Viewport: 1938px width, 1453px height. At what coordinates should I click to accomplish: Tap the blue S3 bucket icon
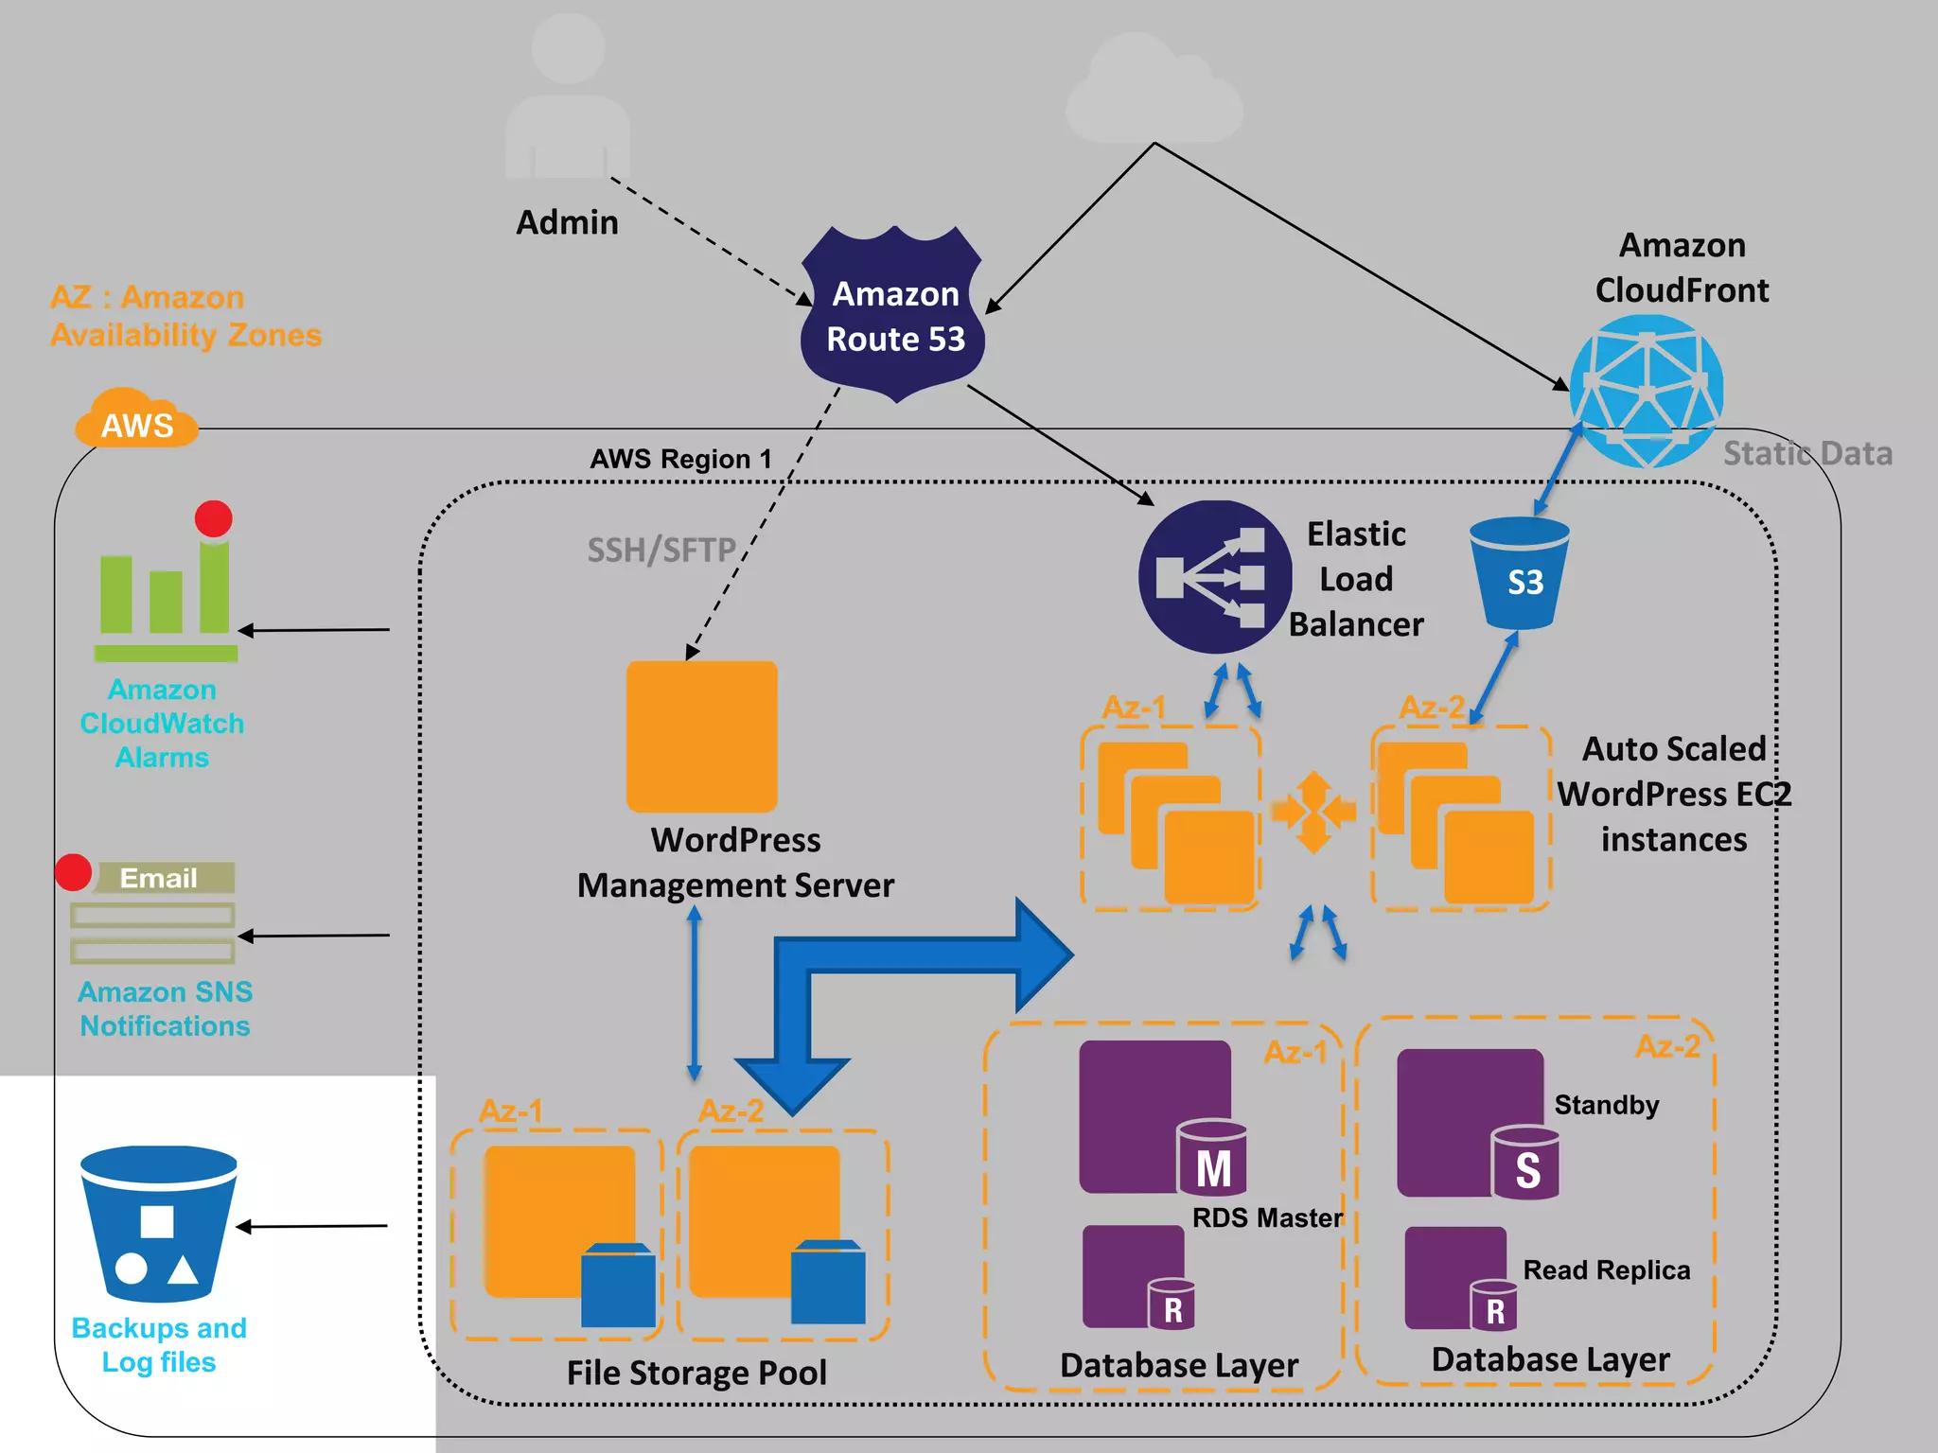click(x=1520, y=573)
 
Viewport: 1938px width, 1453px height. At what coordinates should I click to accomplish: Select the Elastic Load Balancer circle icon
click(x=1215, y=577)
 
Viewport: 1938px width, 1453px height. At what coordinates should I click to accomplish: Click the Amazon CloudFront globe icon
click(x=1647, y=391)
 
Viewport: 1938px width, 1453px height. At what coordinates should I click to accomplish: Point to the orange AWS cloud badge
click(x=137, y=420)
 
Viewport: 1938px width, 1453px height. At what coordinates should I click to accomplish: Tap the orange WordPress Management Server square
click(x=702, y=736)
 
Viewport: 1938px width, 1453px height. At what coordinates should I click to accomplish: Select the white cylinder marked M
click(x=1212, y=1159)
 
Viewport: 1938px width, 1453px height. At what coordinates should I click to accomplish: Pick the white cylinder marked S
click(x=1525, y=1163)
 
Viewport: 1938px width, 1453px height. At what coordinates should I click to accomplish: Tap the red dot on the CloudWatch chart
click(x=214, y=519)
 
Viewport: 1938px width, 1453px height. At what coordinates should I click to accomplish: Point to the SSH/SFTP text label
click(x=661, y=550)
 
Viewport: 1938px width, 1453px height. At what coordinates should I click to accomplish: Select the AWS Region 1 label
click(x=681, y=460)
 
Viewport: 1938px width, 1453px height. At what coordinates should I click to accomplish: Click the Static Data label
click(x=1807, y=454)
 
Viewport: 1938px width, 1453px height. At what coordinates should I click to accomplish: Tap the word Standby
click(x=1607, y=1105)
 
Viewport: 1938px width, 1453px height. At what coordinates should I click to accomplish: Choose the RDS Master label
click(x=1267, y=1218)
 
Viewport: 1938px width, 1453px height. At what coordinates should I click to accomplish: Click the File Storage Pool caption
click(x=696, y=1373)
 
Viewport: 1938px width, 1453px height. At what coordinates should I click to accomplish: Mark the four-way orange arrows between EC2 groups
click(x=1313, y=812)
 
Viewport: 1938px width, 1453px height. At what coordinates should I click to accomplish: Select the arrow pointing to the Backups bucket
click(x=311, y=1226)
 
